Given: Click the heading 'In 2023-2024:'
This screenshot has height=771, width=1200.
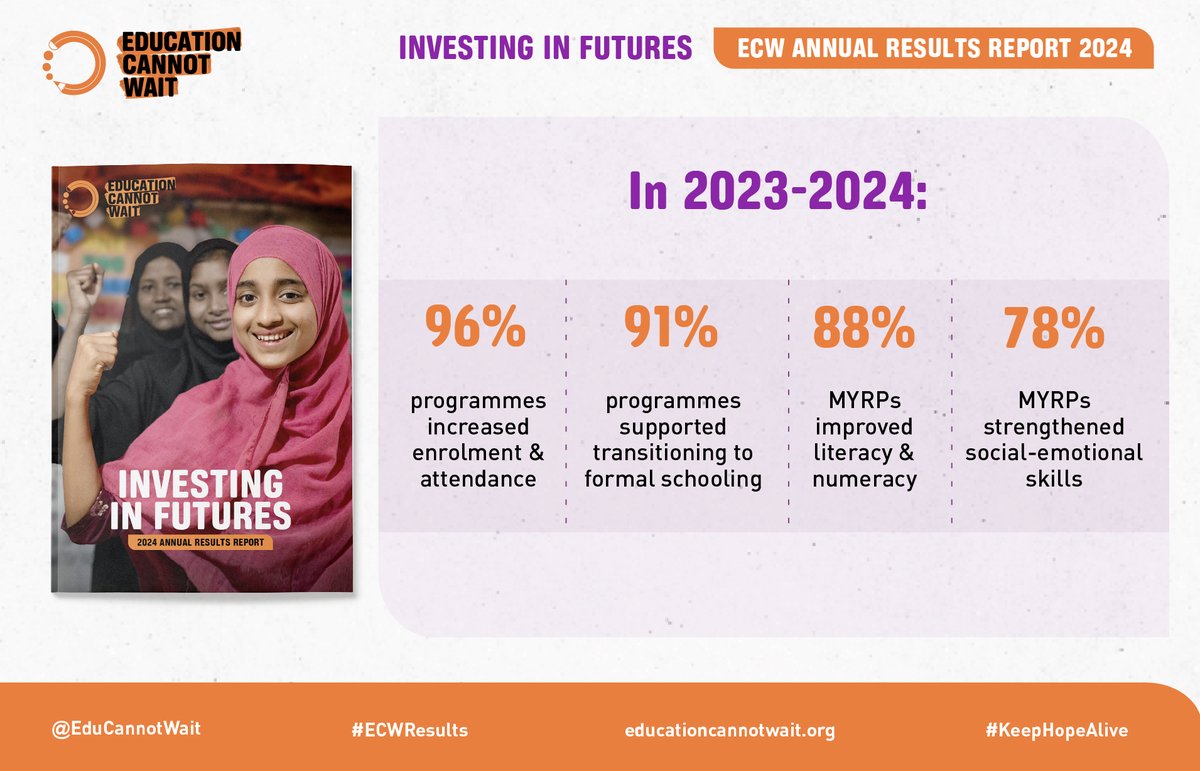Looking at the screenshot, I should click(x=778, y=191).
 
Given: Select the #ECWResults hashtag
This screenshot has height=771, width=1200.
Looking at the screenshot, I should click(x=409, y=730).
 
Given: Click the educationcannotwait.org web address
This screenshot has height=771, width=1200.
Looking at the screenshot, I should click(x=728, y=730).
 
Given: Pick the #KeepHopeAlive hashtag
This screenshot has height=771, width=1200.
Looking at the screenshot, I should click(x=1056, y=730).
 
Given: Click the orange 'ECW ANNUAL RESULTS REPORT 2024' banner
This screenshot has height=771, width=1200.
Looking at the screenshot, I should click(x=933, y=48).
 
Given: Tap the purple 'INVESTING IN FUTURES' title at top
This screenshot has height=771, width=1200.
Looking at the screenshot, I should click(x=545, y=48).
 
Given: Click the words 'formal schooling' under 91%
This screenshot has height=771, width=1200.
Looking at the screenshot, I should click(x=673, y=479).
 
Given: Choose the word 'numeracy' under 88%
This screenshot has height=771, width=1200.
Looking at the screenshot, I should click(x=864, y=479).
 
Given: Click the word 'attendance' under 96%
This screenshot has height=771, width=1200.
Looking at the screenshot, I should click(x=478, y=479).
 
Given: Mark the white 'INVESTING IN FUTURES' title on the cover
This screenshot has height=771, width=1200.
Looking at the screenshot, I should click(x=204, y=498).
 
